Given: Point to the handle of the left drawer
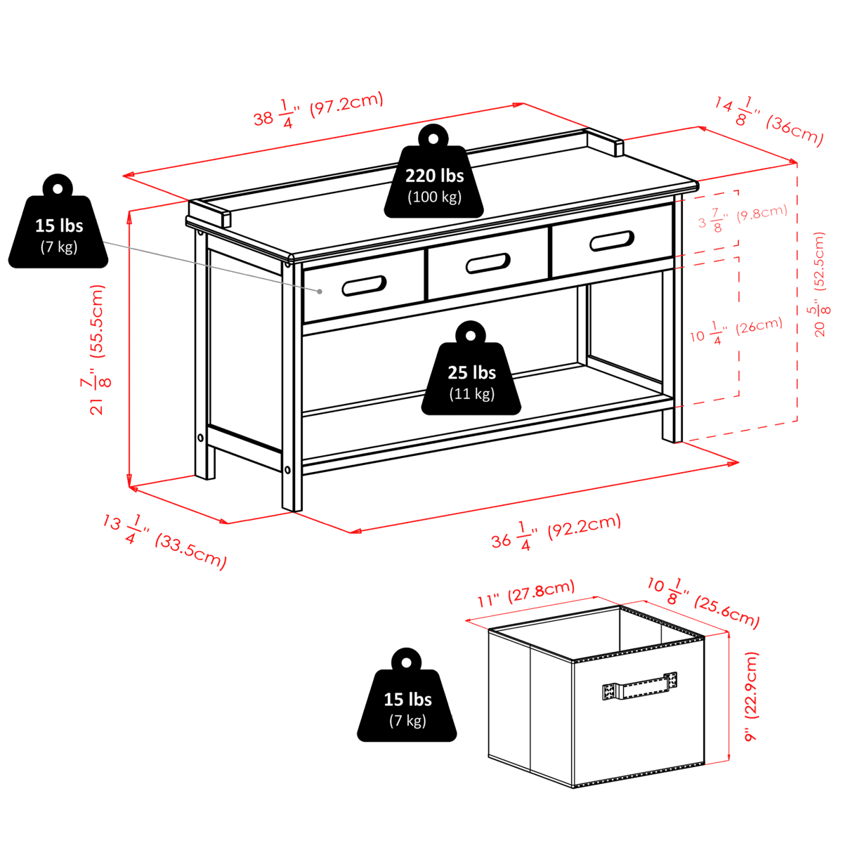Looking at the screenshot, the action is [x=364, y=286].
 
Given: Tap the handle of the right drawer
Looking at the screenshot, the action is [x=612, y=241].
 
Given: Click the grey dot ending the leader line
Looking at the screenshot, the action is [x=320, y=292].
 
